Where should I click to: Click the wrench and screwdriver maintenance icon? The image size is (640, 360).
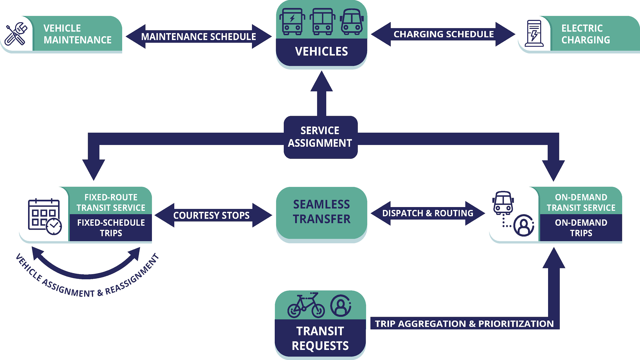pyautogui.click(x=16, y=34)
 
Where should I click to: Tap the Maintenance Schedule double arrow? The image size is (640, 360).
pyautogui.click(x=199, y=37)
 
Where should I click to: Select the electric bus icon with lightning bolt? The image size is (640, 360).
pyautogui.click(x=292, y=21)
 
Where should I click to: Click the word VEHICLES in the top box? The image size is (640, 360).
pyautogui.click(x=321, y=51)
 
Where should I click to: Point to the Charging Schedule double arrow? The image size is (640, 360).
pyautogui.click(x=443, y=34)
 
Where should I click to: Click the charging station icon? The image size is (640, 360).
pyautogui.click(x=534, y=33)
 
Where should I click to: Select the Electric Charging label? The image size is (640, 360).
pyautogui.click(x=585, y=34)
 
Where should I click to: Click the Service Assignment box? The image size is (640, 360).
pyautogui.click(x=320, y=137)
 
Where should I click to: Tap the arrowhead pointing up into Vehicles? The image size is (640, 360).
pyautogui.click(x=321, y=82)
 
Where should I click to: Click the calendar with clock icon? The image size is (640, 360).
pyautogui.click(x=45, y=216)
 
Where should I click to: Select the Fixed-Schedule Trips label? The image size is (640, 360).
pyautogui.click(x=111, y=228)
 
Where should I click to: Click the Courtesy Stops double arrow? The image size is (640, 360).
pyautogui.click(x=211, y=215)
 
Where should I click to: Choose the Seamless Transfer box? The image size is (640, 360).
pyautogui.click(x=321, y=212)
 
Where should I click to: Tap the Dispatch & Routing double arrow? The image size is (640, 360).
pyautogui.click(x=428, y=213)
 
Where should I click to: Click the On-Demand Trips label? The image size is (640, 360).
pyautogui.click(x=581, y=228)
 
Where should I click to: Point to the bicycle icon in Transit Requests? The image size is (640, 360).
pyautogui.click(x=306, y=306)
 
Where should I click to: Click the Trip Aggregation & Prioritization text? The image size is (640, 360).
pyautogui.click(x=464, y=324)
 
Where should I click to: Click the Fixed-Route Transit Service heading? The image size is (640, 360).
pyautogui.click(x=111, y=202)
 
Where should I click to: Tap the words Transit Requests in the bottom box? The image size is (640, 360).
pyautogui.click(x=320, y=338)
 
